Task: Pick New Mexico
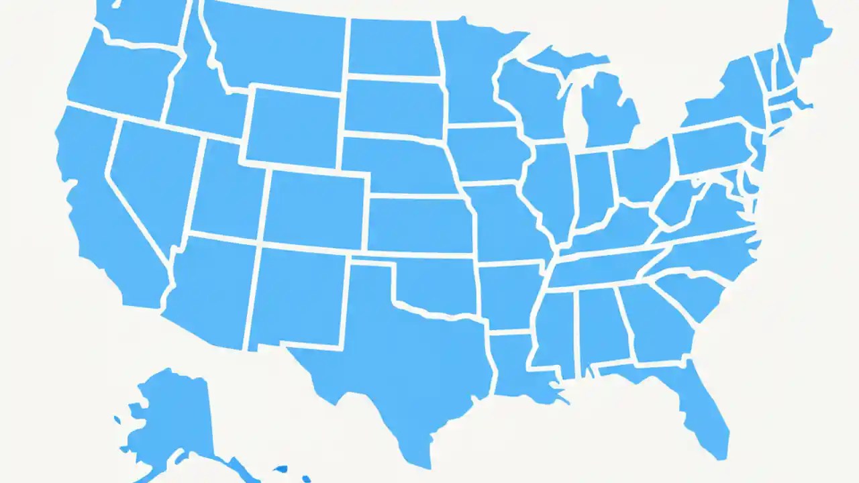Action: tap(299, 295)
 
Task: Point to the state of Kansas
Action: tap(419, 225)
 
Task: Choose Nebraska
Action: tap(396, 164)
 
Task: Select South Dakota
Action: tap(393, 107)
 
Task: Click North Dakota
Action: tap(393, 47)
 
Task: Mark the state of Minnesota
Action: tap(470, 74)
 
